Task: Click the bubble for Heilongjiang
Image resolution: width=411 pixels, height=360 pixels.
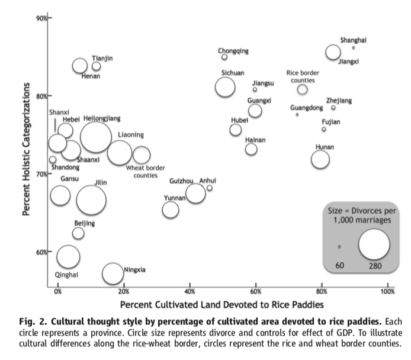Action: [x=96, y=137]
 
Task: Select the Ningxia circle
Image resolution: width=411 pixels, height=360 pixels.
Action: [x=113, y=273]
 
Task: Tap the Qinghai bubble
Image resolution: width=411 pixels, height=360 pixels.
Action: [x=69, y=256]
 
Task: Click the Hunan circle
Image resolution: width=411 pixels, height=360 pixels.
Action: [x=320, y=159]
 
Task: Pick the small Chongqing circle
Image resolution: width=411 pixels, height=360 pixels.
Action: [x=224, y=57]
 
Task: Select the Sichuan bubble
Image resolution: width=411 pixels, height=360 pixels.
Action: [x=226, y=87]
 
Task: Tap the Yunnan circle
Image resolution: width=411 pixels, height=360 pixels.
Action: [x=171, y=209]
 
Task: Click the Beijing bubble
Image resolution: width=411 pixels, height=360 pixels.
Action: [x=78, y=233]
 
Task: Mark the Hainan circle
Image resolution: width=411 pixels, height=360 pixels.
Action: [x=251, y=149]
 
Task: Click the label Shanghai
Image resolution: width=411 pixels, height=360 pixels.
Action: [x=353, y=40]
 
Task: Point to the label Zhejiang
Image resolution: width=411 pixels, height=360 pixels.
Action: [x=339, y=101]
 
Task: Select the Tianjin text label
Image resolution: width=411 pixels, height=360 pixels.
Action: [x=102, y=58]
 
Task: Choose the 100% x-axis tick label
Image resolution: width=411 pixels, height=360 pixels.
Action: [x=388, y=292]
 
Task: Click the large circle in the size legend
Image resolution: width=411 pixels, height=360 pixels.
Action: [x=374, y=243]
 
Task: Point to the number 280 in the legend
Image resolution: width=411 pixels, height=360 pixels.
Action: [x=375, y=266]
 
